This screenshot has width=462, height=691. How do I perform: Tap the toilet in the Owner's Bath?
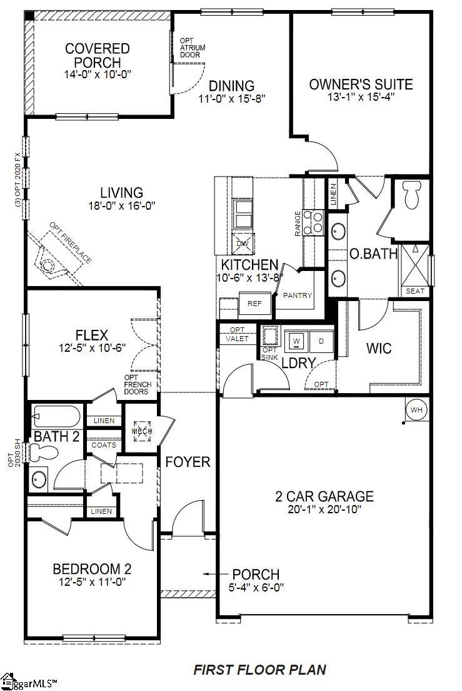pyautogui.click(x=411, y=195)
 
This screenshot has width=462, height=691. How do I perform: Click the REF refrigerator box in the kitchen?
pyautogui.click(x=254, y=303)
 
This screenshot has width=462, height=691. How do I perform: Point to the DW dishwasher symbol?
pyautogui.click(x=242, y=243)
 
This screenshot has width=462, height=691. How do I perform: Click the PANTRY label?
pyautogui.click(x=298, y=295)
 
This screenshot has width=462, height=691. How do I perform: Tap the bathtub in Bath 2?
pyautogui.click(x=56, y=416)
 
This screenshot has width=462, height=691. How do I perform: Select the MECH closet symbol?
pyautogui.click(x=140, y=431)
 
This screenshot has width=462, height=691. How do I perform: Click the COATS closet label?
pyautogui.click(x=103, y=445)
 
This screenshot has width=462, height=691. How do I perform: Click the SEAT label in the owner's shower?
pyautogui.click(x=415, y=291)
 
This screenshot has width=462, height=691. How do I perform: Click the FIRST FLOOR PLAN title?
pyautogui.click(x=259, y=670)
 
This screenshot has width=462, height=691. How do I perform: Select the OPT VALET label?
pyautogui.click(x=238, y=334)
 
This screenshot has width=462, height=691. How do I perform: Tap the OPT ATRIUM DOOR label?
pyautogui.click(x=193, y=48)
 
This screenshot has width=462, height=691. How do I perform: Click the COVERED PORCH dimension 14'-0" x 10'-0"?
pyautogui.click(x=98, y=74)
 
